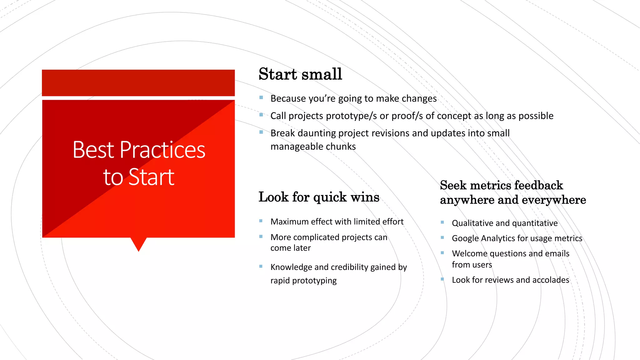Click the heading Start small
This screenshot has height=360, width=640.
[300, 74]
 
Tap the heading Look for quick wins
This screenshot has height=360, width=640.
[319, 197]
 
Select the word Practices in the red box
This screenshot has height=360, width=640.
[162, 150]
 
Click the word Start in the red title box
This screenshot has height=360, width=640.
[151, 177]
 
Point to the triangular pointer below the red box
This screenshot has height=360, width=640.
[138, 243]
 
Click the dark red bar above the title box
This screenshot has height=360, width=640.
[138, 83]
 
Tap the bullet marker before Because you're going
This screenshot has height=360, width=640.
[261, 97]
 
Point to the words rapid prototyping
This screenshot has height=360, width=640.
[303, 281]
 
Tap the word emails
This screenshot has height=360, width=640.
[557, 253]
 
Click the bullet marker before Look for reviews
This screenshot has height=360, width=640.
[442, 279]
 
